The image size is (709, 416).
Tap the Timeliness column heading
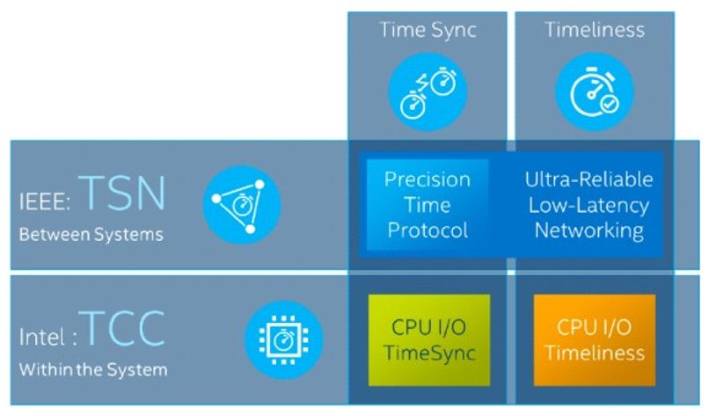(x=594, y=30)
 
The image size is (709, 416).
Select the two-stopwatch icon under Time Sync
(x=427, y=91)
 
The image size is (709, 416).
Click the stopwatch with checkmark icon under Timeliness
(x=594, y=91)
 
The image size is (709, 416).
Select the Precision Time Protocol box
(x=427, y=205)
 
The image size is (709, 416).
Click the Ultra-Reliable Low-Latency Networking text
(x=588, y=205)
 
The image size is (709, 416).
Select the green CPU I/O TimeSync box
(x=427, y=340)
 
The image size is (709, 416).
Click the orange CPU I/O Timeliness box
(x=594, y=340)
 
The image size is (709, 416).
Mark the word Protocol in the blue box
(x=427, y=230)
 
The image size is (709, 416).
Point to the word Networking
(x=588, y=230)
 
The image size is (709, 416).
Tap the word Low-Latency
(x=588, y=205)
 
